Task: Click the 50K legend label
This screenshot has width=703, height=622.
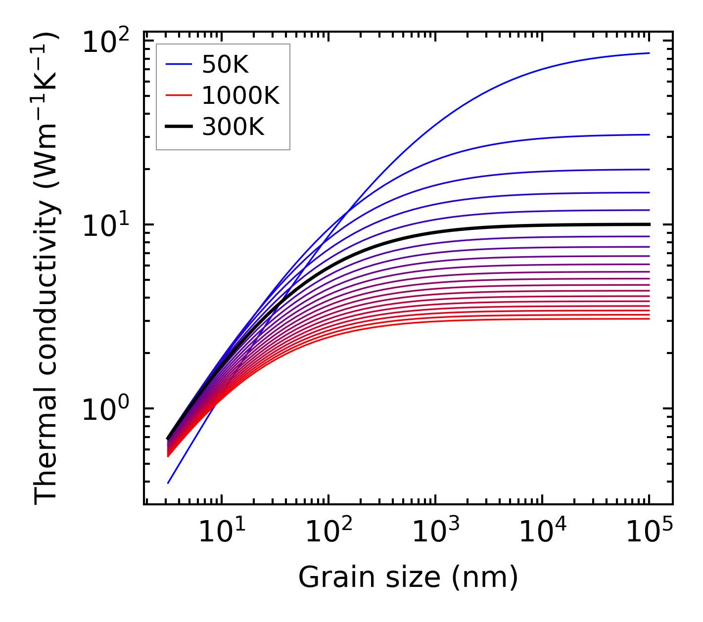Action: (x=225, y=64)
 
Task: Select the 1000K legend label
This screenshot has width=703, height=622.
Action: (x=240, y=95)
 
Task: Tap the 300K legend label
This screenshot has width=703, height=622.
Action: (x=233, y=127)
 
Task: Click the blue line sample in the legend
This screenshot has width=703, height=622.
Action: (x=178, y=64)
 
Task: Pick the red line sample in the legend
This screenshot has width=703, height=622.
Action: (x=178, y=95)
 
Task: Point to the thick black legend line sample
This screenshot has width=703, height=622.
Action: (x=178, y=127)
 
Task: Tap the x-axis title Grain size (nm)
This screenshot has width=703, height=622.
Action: (x=408, y=577)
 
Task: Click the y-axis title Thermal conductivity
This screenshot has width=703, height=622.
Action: (x=47, y=269)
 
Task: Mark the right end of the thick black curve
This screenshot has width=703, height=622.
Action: (x=649, y=224)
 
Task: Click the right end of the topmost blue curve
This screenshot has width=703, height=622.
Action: (x=649, y=53)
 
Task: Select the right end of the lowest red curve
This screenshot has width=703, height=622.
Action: (x=649, y=319)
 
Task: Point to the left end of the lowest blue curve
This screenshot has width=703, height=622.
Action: (x=168, y=483)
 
